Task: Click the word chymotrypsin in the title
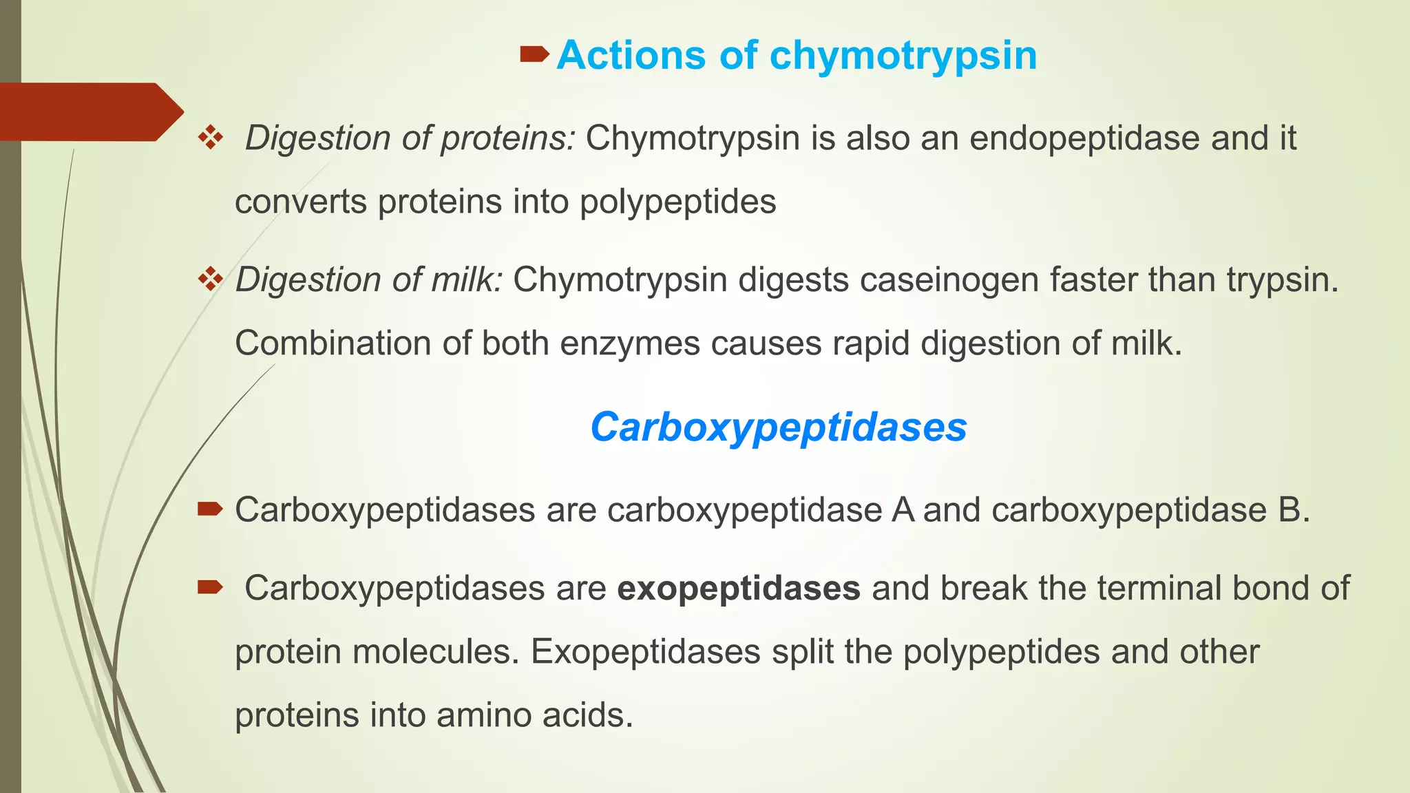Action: [903, 56]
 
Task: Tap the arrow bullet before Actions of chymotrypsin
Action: [534, 53]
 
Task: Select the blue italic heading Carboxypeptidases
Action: [779, 427]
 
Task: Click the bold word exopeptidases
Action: [739, 589]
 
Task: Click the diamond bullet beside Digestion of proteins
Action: [211, 138]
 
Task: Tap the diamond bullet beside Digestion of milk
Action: [211, 279]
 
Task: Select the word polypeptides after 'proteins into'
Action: [677, 202]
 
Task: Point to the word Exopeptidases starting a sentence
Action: [645, 652]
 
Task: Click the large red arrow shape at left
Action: [90, 112]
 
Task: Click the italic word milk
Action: [467, 280]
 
